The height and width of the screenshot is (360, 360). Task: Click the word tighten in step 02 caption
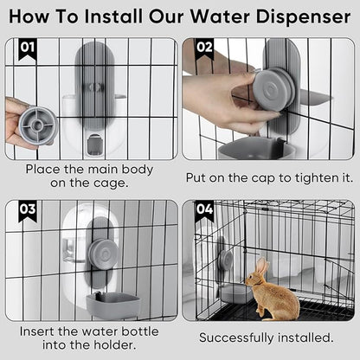click(305, 178)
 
